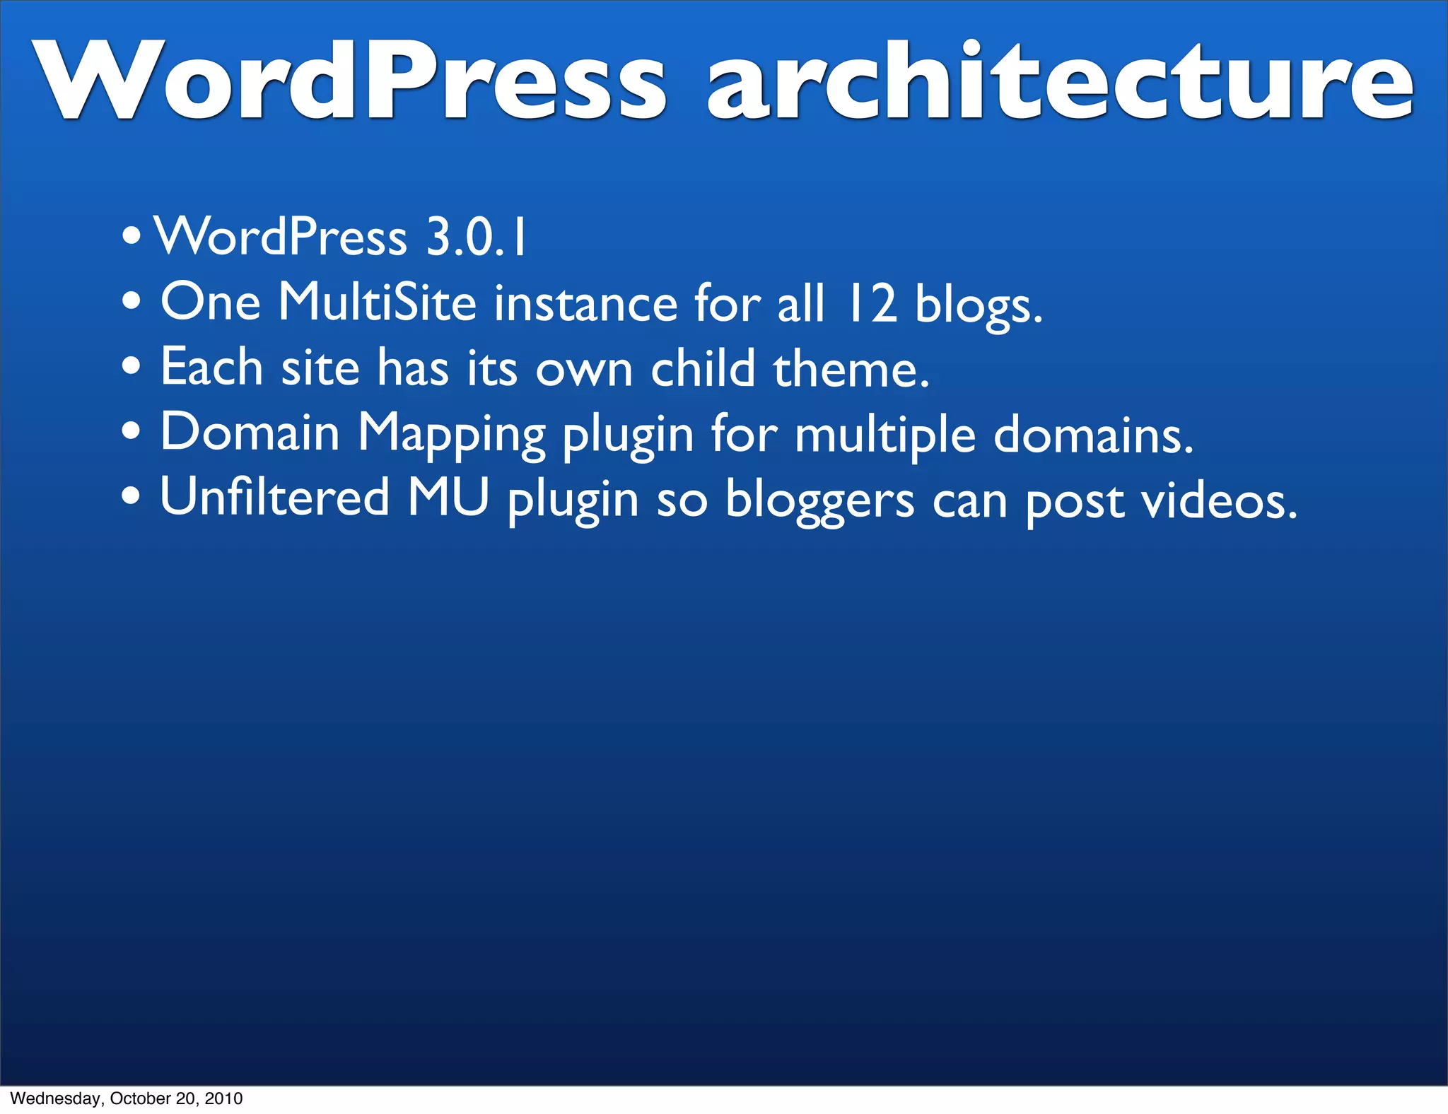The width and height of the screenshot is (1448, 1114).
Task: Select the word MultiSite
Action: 378,303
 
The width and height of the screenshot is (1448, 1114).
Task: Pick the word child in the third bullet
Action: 703,368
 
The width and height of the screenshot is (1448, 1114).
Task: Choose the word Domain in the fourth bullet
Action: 250,433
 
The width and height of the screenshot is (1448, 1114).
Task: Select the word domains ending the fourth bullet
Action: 1093,434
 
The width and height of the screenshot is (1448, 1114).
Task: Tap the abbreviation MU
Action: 448,498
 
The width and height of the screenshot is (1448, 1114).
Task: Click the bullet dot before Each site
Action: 131,368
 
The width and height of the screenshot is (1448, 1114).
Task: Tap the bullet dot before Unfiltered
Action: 131,497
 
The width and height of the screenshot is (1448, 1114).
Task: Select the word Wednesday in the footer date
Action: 57,1098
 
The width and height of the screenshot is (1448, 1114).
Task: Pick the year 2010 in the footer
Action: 223,1098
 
